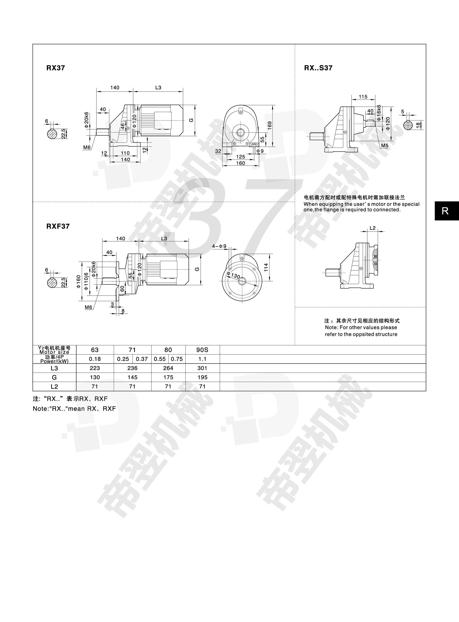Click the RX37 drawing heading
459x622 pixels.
[x=56, y=68]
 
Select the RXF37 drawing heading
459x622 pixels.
[x=58, y=226]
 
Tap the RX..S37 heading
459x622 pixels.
[x=318, y=68]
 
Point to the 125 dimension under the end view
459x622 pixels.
[x=241, y=157]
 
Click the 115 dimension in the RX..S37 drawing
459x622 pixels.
[x=363, y=97]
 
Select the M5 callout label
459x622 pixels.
[x=385, y=146]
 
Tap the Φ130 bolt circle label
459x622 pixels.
[x=233, y=275]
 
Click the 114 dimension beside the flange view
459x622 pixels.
[x=266, y=267]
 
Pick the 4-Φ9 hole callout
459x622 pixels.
[x=219, y=246]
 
